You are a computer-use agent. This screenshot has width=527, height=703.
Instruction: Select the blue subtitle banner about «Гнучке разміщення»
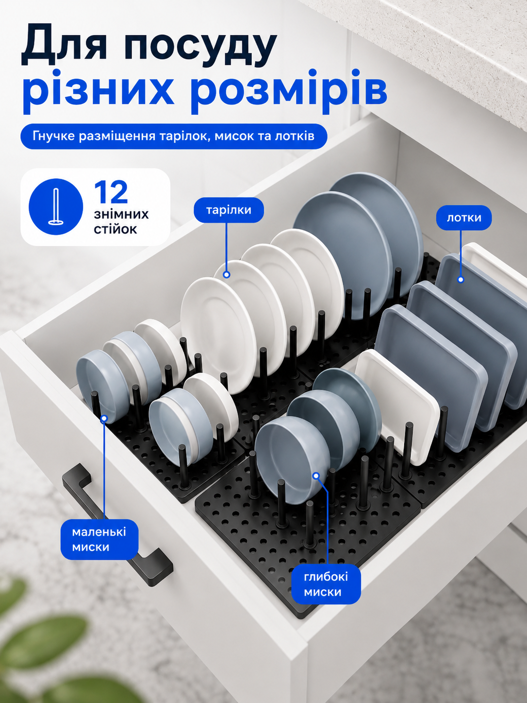tap(174, 136)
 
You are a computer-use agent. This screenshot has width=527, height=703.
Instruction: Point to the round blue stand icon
tap(56, 206)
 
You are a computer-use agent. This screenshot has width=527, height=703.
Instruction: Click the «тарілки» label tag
tap(229, 210)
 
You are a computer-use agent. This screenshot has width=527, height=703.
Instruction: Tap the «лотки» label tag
tap(464, 218)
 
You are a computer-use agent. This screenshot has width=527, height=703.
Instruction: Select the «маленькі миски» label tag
tap(99, 540)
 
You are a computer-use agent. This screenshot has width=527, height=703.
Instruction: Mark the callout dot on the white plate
tap(227, 274)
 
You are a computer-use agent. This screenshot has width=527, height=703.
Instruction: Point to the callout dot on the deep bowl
tap(316, 476)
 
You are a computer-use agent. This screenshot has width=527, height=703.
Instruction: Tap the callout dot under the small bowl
tap(104, 418)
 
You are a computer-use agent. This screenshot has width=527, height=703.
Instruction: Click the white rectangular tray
tap(398, 407)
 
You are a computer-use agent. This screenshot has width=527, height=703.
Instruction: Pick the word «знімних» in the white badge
tap(121, 214)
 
